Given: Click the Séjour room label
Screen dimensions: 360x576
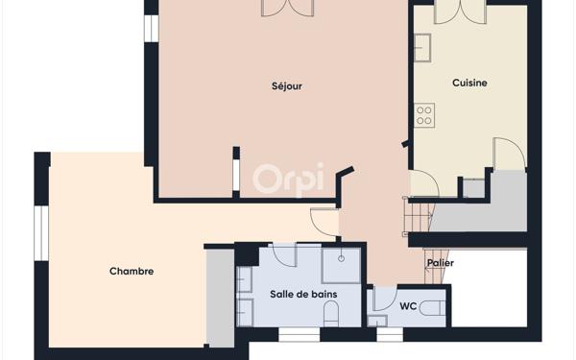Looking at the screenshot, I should [x=287, y=86].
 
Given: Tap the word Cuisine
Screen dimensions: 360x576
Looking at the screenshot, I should [x=469, y=84].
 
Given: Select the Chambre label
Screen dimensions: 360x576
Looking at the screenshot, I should [x=132, y=272].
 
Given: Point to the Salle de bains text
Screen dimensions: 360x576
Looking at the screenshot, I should [x=303, y=295].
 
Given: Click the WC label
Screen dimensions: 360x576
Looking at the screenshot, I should [x=408, y=307].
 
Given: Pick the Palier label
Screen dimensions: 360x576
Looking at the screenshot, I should [x=441, y=263].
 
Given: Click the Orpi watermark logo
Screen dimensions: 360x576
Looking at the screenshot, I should [x=288, y=178].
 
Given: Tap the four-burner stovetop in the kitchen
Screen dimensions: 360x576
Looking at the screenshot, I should [x=423, y=116].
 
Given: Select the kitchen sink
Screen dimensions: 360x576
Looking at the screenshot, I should [x=422, y=45].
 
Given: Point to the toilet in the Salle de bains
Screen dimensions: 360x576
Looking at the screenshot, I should [x=331, y=314].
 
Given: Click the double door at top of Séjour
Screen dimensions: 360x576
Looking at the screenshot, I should [x=287, y=8].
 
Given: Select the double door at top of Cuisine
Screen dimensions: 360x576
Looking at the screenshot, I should [x=460, y=12].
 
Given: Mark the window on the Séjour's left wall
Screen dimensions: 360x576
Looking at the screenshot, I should [x=151, y=26].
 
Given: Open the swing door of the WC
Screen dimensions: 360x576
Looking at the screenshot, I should [x=384, y=298].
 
